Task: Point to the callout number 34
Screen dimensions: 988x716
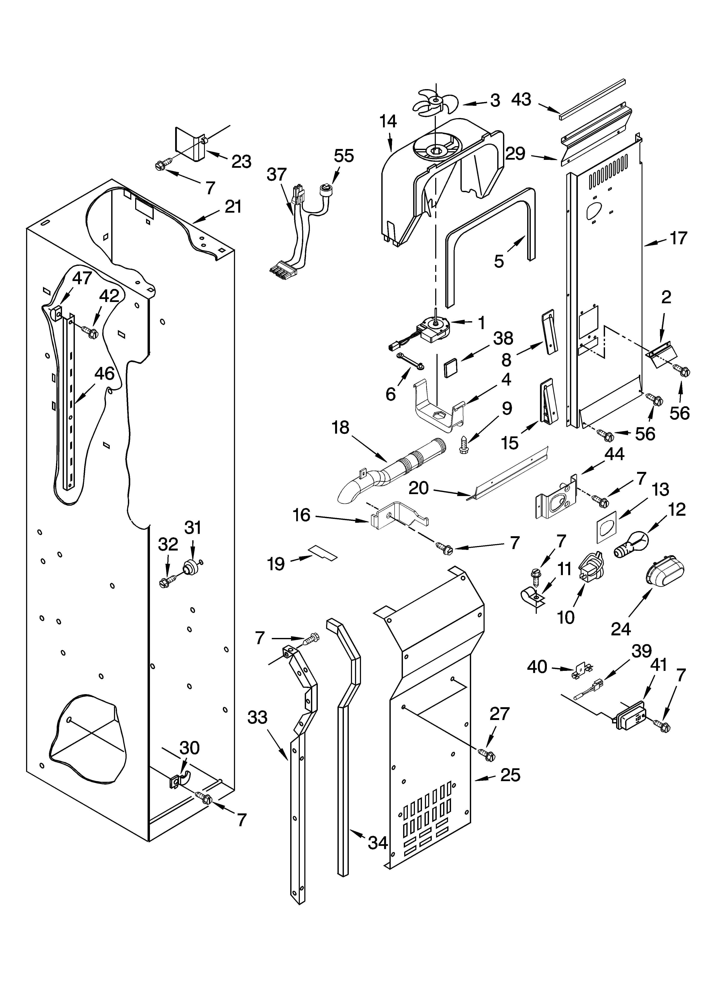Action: point(378,843)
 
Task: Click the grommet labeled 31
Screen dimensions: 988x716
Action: point(190,566)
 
